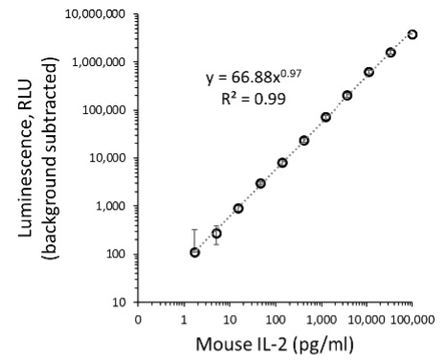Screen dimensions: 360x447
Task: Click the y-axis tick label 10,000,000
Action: coord(97,14)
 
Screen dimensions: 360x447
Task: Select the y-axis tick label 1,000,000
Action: coord(100,62)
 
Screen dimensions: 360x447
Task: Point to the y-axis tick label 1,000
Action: coord(113,206)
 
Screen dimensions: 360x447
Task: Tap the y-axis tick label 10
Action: coord(121,302)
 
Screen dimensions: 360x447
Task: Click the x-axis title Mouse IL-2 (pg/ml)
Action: coord(275,344)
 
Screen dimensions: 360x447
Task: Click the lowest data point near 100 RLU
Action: coord(194,253)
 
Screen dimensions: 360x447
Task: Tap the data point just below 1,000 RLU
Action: coord(238,209)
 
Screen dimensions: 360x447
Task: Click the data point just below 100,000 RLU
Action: coord(325,117)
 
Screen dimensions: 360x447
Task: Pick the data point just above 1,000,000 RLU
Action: coord(391,53)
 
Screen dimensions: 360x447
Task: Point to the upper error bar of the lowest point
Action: coord(194,230)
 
